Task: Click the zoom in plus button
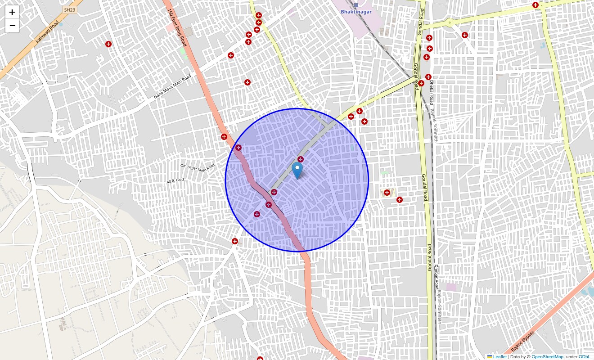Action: [x=12, y=12]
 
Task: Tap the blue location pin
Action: [x=297, y=171]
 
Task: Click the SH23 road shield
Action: [x=69, y=9]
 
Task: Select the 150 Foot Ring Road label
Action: [x=177, y=27]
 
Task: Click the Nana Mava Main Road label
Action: [x=172, y=86]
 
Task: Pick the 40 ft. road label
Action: [x=175, y=180]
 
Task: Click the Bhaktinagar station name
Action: [x=356, y=12]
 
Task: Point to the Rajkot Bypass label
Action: [x=522, y=342]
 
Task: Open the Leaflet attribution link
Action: [x=499, y=357]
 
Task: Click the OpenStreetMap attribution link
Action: [x=547, y=357]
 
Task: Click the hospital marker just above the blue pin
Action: [x=301, y=159]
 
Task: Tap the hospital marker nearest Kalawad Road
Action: [x=108, y=44]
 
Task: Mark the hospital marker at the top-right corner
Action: [x=535, y=5]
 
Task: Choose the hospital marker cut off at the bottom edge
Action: [x=260, y=359]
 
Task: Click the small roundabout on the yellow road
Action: [x=449, y=22]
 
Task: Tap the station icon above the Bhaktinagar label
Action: [x=356, y=5]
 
